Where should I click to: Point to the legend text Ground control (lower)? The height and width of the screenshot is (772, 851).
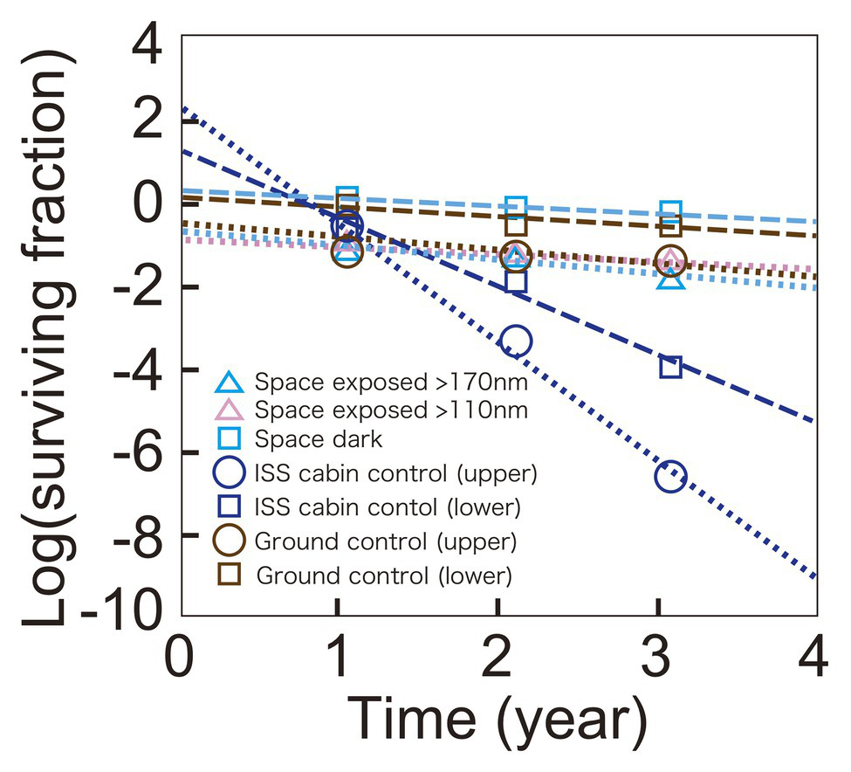[x=383, y=576]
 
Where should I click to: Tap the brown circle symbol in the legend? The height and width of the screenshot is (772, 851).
[x=229, y=541]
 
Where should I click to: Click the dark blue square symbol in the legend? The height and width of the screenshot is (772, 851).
[x=229, y=507]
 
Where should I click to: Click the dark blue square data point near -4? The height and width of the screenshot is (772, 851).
[x=670, y=367]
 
